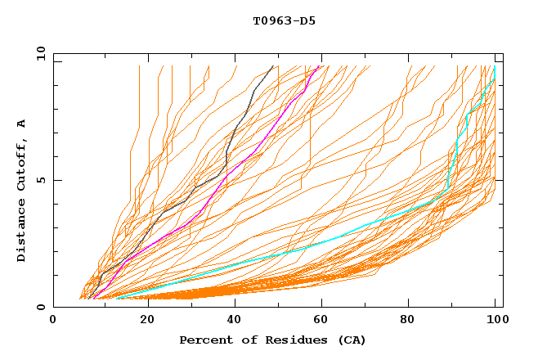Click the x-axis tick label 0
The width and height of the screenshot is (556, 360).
point(54,322)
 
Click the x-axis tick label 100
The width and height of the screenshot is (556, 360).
point(495,322)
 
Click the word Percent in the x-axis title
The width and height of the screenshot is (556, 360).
point(204,340)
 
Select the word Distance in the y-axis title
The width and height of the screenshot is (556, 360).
point(21,232)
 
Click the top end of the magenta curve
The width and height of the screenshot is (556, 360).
point(320,66)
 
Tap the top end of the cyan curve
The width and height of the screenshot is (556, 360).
point(495,67)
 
